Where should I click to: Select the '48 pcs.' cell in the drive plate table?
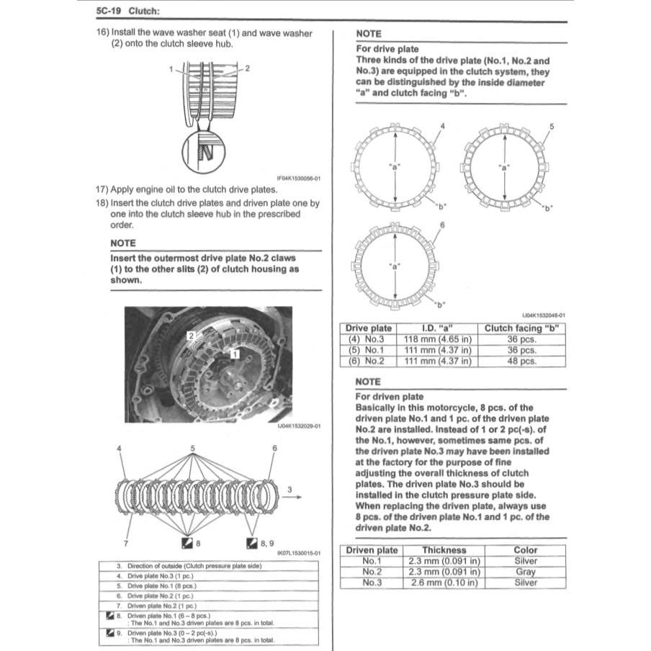coord(522,362)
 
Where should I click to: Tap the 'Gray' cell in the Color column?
coord(526,572)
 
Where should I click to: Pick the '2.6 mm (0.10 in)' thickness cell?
coord(444,583)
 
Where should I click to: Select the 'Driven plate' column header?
coord(372,549)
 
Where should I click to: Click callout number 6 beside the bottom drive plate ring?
coord(442,225)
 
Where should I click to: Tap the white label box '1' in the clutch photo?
coord(235,354)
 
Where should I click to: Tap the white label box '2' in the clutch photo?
coord(191,336)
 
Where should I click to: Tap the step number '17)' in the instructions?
coord(102,189)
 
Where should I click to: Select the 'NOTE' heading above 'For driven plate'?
coord(368,381)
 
